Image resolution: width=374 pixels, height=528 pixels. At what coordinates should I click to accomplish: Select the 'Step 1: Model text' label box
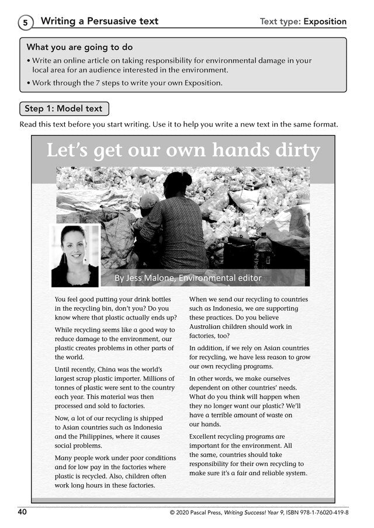pyautogui.click(x=64, y=109)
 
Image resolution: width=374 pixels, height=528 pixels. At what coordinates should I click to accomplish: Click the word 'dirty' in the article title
pyautogui.click(x=297, y=151)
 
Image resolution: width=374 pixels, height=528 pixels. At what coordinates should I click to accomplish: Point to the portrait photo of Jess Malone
pyautogui.click(x=75, y=255)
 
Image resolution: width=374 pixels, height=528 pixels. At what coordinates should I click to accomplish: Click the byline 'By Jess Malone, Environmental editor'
pyautogui.click(x=188, y=278)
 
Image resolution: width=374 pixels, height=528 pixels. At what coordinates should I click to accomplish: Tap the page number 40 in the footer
pyautogui.click(x=22, y=512)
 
